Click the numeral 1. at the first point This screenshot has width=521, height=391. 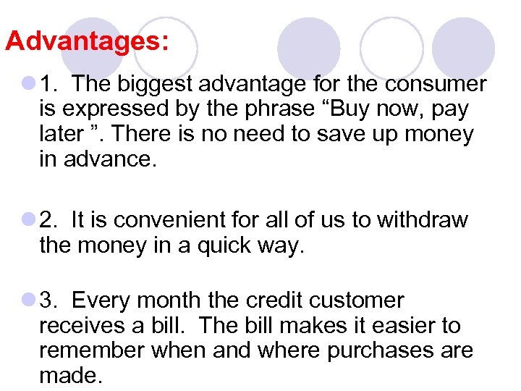[x=49, y=85]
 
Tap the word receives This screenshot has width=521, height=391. [x=81, y=325]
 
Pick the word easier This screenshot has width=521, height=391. [x=390, y=325]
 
